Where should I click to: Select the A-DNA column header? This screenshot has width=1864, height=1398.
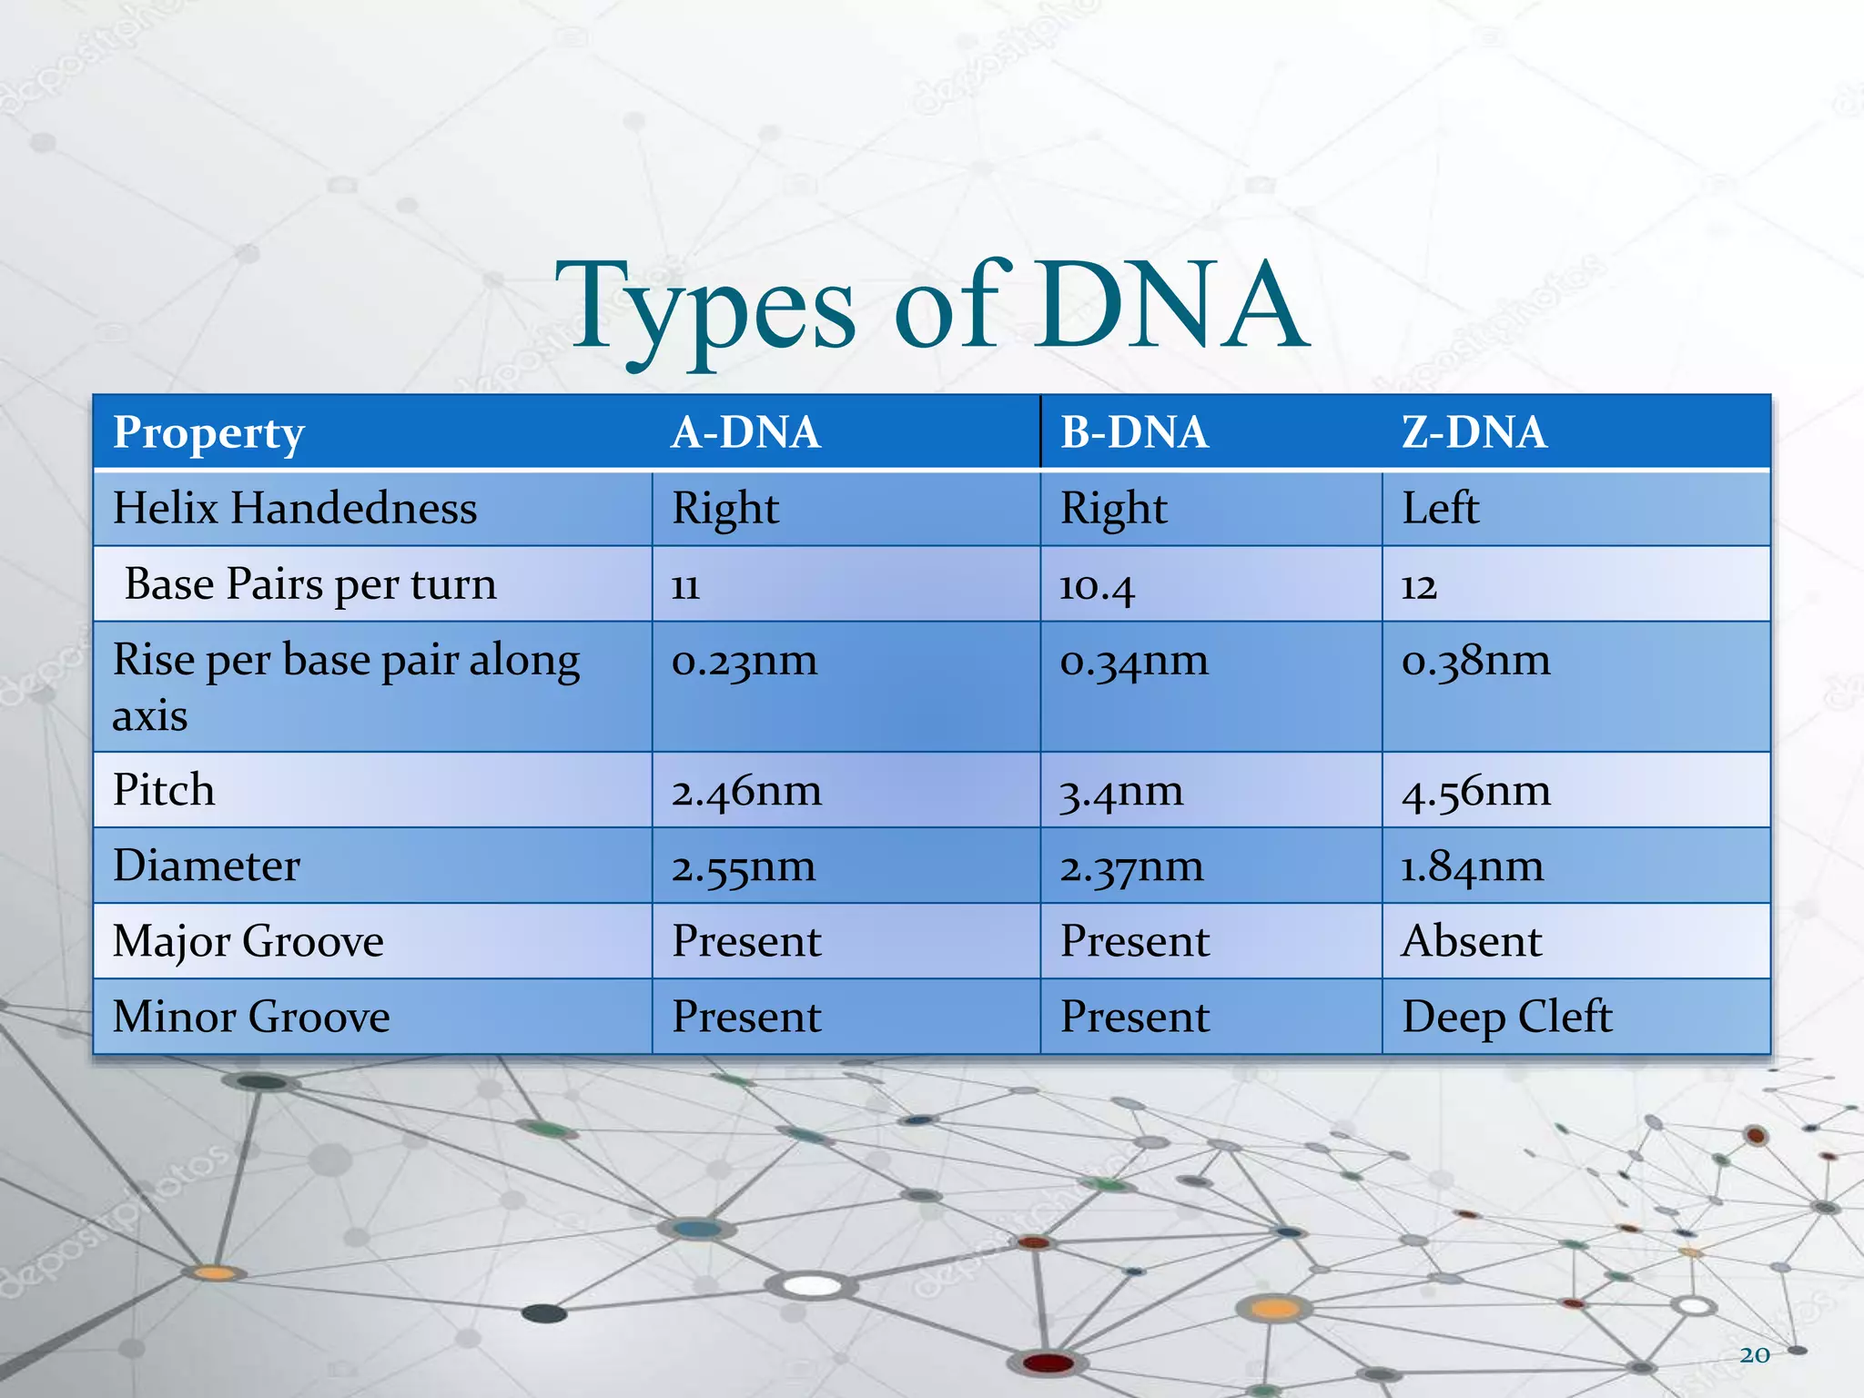point(745,432)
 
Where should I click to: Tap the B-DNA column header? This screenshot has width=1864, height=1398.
point(1134,432)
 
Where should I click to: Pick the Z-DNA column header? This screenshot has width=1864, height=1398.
point(1474,432)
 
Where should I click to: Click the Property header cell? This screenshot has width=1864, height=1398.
point(208,433)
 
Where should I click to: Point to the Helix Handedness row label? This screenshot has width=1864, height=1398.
point(295,508)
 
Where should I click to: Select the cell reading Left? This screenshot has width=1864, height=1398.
point(1440,508)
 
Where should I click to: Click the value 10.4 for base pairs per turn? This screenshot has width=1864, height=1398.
point(1097,586)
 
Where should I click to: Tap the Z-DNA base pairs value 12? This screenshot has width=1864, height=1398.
point(1419,586)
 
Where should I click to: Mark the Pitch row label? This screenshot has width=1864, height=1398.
point(164,790)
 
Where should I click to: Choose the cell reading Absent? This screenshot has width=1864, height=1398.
point(1472,941)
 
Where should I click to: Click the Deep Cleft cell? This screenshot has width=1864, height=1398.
point(1506,1017)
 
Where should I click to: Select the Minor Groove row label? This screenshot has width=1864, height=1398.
point(251,1017)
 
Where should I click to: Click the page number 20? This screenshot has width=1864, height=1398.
point(1754,1355)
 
